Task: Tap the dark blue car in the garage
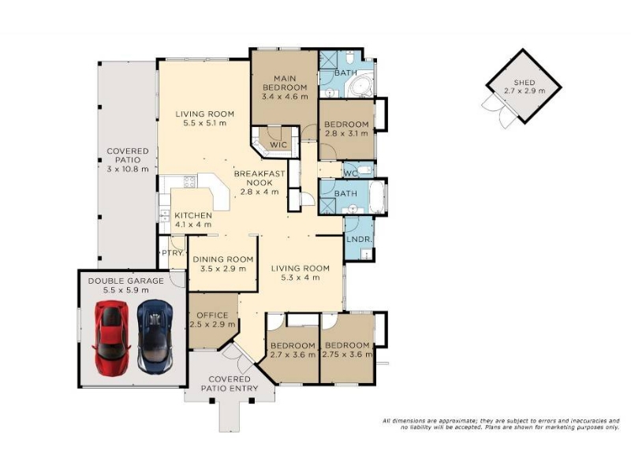coord(155,337)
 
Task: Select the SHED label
coord(525,83)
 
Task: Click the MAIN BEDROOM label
coord(285,83)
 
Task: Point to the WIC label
coord(278,144)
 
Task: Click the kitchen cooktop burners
coord(189,182)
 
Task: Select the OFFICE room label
coord(212,315)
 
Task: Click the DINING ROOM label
coord(223,259)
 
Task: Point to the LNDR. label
coord(359,239)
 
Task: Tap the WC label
coord(351,173)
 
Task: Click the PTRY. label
coord(173,253)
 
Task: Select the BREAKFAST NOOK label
coord(259,178)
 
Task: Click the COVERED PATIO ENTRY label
coord(230,384)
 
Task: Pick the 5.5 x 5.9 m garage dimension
coord(126,290)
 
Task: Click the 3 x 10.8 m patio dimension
coord(128,169)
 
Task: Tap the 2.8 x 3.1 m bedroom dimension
coord(346,133)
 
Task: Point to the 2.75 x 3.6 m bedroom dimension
coord(347,355)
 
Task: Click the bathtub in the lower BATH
coord(377,198)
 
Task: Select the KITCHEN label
coord(193,215)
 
